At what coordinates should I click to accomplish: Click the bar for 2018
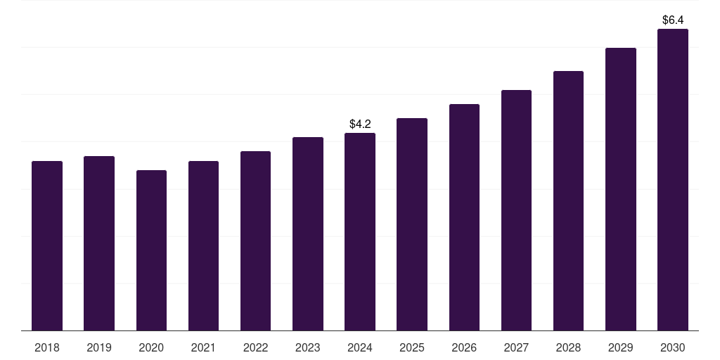pyautogui.click(x=47, y=246)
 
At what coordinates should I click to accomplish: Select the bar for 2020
pyautogui.click(x=151, y=250)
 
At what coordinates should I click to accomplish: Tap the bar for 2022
pyautogui.click(x=255, y=241)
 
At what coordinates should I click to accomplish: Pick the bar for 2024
pyautogui.click(x=360, y=232)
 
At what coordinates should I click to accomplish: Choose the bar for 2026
pyautogui.click(x=464, y=217)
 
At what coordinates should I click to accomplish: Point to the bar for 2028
pyautogui.click(x=568, y=201)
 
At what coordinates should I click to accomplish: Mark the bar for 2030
pyautogui.click(x=673, y=180)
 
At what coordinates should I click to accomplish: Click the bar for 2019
pyautogui.click(x=99, y=243)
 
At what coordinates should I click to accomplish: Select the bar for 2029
pyautogui.click(x=621, y=189)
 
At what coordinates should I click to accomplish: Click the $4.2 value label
pyautogui.click(x=360, y=124)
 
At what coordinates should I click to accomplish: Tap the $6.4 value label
pyautogui.click(x=673, y=20)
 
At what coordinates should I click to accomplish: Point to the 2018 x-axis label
pyautogui.click(x=47, y=347)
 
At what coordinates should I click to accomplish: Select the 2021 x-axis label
pyautogui.click(x=203, y=347)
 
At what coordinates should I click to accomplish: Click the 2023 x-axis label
pyautogui.click(x=308, y=347)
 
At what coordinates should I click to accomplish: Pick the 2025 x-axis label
pyautogui.click(x=412, y=347)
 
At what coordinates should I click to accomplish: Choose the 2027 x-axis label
pyautogui.click(x=516, y=347)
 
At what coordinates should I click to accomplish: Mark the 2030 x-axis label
pyautogui.click(x=673, y=347)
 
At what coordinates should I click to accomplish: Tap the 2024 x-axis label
pyautogui.click(x=360, y=347)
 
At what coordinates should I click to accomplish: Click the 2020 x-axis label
pyautogui.click(x=151, y=347)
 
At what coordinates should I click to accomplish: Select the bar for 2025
pyautogui.click(x=412, y=224)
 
